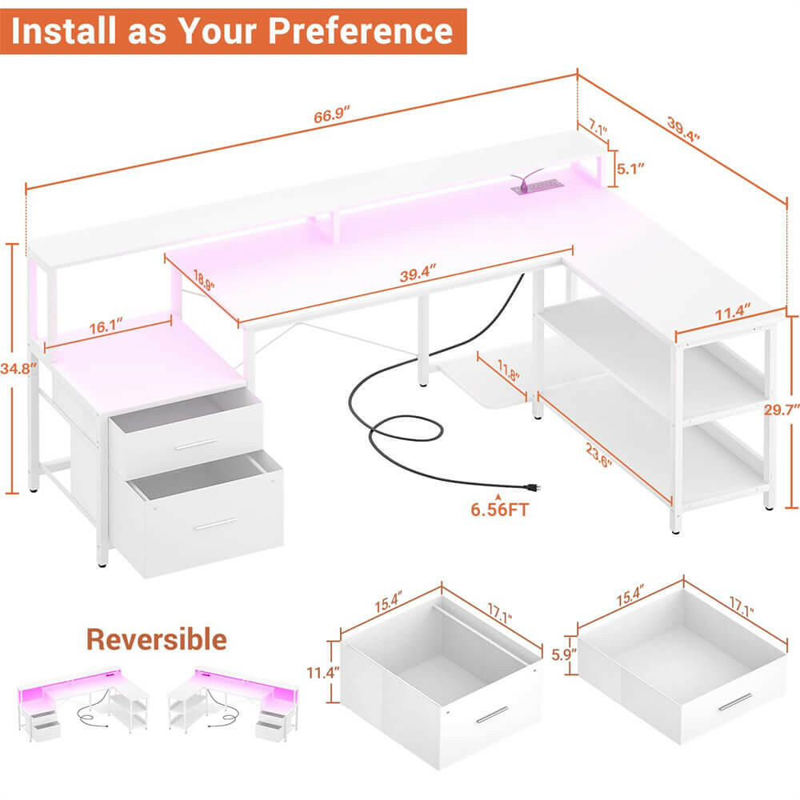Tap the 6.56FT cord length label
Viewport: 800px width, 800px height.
(x=501, y=510)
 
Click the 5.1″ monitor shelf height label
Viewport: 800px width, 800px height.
(x=630, y=168)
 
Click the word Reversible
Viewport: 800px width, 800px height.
(x=156, y=639)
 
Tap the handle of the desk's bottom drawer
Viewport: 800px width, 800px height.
(x=215, y=524)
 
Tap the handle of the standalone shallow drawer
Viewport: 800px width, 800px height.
(x=735, y=702)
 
